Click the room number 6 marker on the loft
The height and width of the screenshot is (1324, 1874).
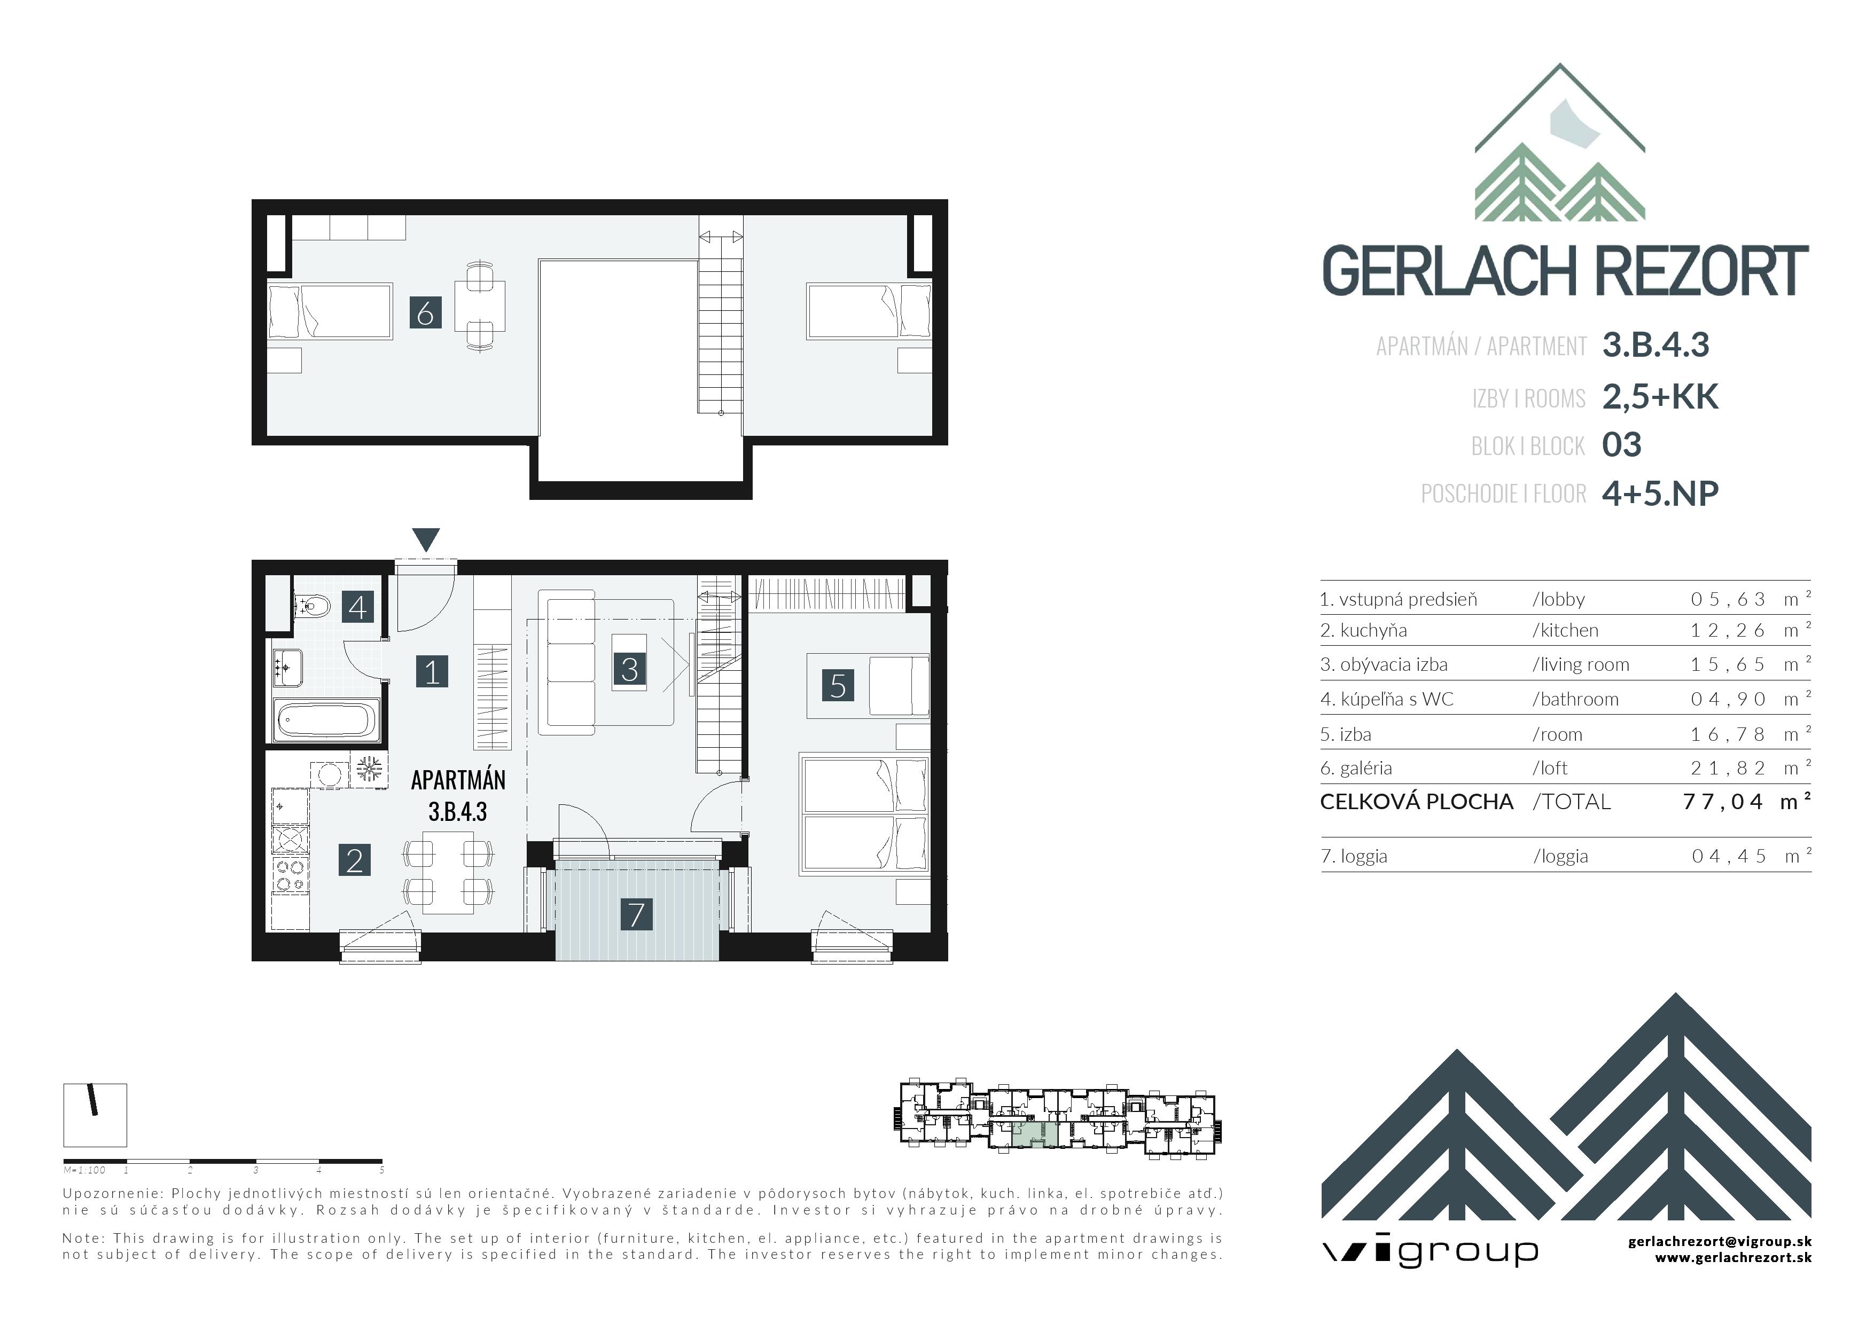pos(425,312)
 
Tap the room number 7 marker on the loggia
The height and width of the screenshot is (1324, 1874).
pos(637,914)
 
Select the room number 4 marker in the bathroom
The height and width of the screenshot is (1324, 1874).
pos(357,607)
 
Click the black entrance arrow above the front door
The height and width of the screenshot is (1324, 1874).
pos(426,539)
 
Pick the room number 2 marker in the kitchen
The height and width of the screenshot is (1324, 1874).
pos(354,860)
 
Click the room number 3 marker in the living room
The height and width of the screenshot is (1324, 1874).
pos(629,669)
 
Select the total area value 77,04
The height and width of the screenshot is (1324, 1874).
pos(1723,802)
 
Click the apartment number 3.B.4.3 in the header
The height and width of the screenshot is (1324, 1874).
pos(1656,345)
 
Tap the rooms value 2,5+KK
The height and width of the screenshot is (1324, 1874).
pos(1660,396)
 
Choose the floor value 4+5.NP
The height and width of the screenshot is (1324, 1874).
pos(1660,493)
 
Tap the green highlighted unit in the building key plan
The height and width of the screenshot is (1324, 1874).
pos(1035,1134)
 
